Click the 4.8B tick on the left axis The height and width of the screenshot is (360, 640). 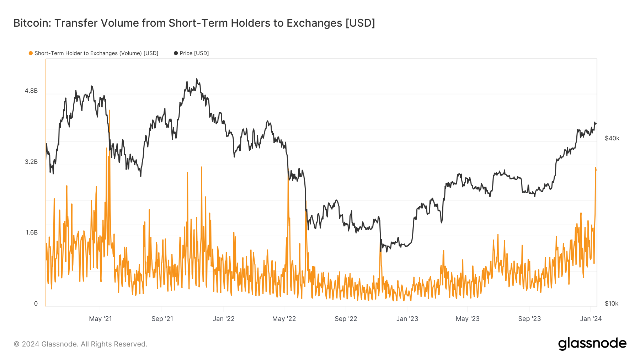point(31,91)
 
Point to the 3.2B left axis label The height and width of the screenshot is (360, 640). point(31,162)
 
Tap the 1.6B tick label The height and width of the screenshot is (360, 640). point(31,233)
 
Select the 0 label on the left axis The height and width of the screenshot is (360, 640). point(36,304)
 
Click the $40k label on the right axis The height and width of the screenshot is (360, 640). point(612,139)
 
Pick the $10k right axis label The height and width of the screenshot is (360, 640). point(612,304)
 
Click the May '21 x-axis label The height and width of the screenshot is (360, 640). point(100,319)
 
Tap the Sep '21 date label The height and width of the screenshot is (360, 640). point(162,319)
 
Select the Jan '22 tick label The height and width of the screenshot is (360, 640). point(224,319)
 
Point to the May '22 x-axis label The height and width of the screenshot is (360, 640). point(284,319)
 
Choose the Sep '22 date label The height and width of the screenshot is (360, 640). point(346,319)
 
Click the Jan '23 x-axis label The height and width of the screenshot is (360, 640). point(407,319)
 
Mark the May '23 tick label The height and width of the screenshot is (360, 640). point(468,319)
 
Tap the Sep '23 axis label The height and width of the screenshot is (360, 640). point(529,319)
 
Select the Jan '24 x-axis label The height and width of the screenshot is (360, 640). point(591,319)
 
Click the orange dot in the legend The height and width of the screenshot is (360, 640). point(31,53)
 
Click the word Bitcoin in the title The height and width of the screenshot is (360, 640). point(31,23)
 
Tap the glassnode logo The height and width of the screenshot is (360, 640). point(592,344)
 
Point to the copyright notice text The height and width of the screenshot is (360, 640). point(80,344)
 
